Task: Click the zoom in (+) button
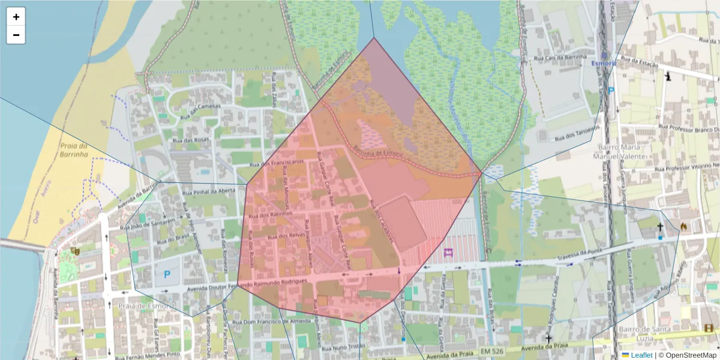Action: [16, 17]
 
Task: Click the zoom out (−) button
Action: [16, 35]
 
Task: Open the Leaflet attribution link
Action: [641, 355]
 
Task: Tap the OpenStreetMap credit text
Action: [689, 355]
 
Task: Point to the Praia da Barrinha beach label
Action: [74, 150]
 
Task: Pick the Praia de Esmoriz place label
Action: [146, 306]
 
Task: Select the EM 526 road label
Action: [491, 350]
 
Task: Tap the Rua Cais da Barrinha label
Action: [560, 57]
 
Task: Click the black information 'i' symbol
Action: [668, 76]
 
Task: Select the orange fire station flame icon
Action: [683, 226]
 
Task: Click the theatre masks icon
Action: [76, 251]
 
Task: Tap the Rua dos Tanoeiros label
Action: [578, 133]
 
